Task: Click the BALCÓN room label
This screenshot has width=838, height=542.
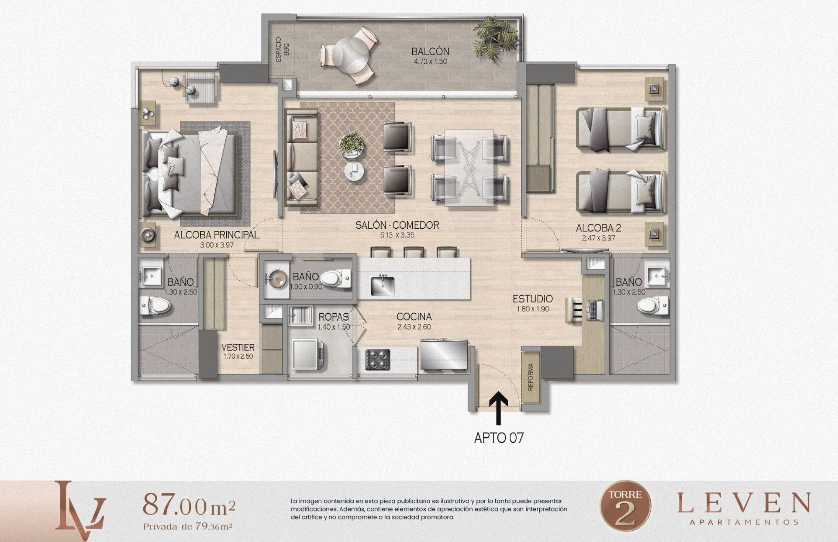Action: (x=430, y=52)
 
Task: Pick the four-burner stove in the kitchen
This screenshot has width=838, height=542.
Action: (x=378, y=360)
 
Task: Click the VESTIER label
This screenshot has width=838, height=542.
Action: (x=238, y=347)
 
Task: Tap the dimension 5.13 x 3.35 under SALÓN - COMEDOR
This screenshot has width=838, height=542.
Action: (x=397, y=235)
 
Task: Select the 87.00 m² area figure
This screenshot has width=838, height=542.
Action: (x=189, y=506)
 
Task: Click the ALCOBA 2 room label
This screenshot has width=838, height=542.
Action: (x=598, y=228)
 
